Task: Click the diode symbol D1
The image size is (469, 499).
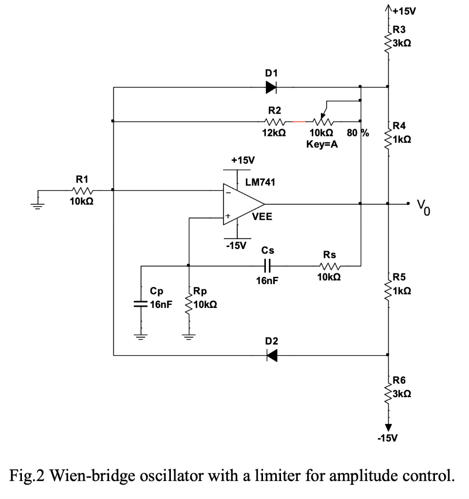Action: point(271,87)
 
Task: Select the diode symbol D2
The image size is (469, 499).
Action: point(271,356)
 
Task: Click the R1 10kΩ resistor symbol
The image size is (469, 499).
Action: point(82,190)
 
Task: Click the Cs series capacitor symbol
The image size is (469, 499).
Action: point(267,266)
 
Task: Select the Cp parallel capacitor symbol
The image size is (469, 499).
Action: point(141,304)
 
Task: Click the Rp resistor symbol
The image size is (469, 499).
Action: point(188,306)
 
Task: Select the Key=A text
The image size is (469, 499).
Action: point(322,144)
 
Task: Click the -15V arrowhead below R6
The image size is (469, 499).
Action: point(388,425)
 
